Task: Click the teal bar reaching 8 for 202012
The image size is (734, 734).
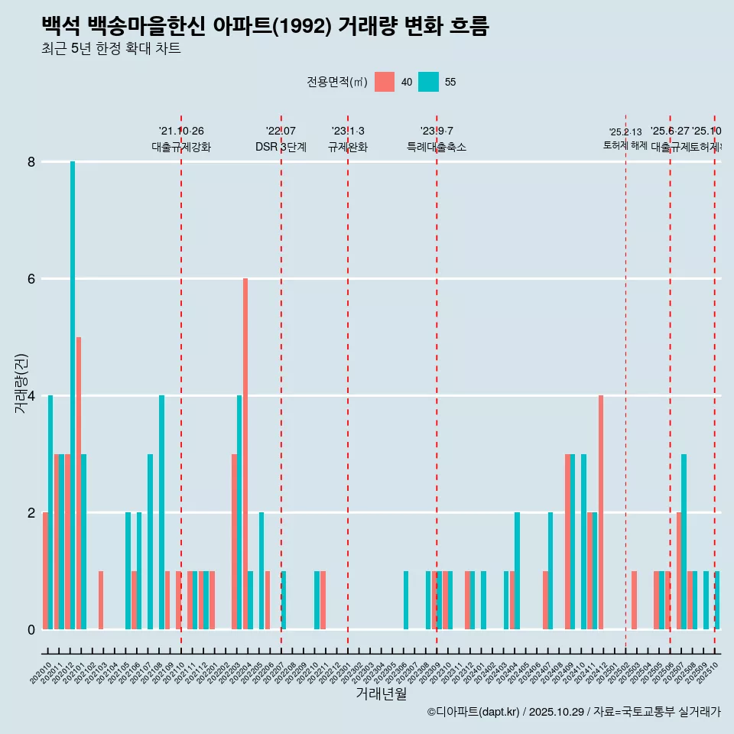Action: coord(73,395)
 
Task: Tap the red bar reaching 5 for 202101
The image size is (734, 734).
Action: coord(78,483)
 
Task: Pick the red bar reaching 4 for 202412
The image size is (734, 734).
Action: coord(601,512)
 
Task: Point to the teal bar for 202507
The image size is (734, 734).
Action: coord(684,541)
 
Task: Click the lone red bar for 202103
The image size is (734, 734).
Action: coord(101,600)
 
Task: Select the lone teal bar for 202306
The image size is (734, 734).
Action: coord(406,600)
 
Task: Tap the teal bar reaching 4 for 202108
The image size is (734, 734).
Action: coord(161,512)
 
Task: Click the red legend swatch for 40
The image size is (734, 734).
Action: coord(385,82)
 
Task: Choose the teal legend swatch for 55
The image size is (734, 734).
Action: coord(429,82)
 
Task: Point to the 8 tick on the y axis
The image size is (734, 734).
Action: coord(31,162)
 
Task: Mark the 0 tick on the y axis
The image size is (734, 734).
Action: coord(31,629)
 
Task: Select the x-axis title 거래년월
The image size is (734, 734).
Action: coord(381,693)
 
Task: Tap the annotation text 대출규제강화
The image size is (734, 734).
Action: coord(181,147)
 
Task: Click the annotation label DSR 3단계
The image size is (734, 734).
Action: coord(281,147)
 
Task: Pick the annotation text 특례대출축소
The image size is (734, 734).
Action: coord(437,147)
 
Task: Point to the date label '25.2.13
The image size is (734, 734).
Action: coord(625,132)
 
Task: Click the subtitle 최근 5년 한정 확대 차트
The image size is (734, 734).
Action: coord(111,49)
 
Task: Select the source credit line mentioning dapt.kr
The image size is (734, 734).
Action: coord(573,712)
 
